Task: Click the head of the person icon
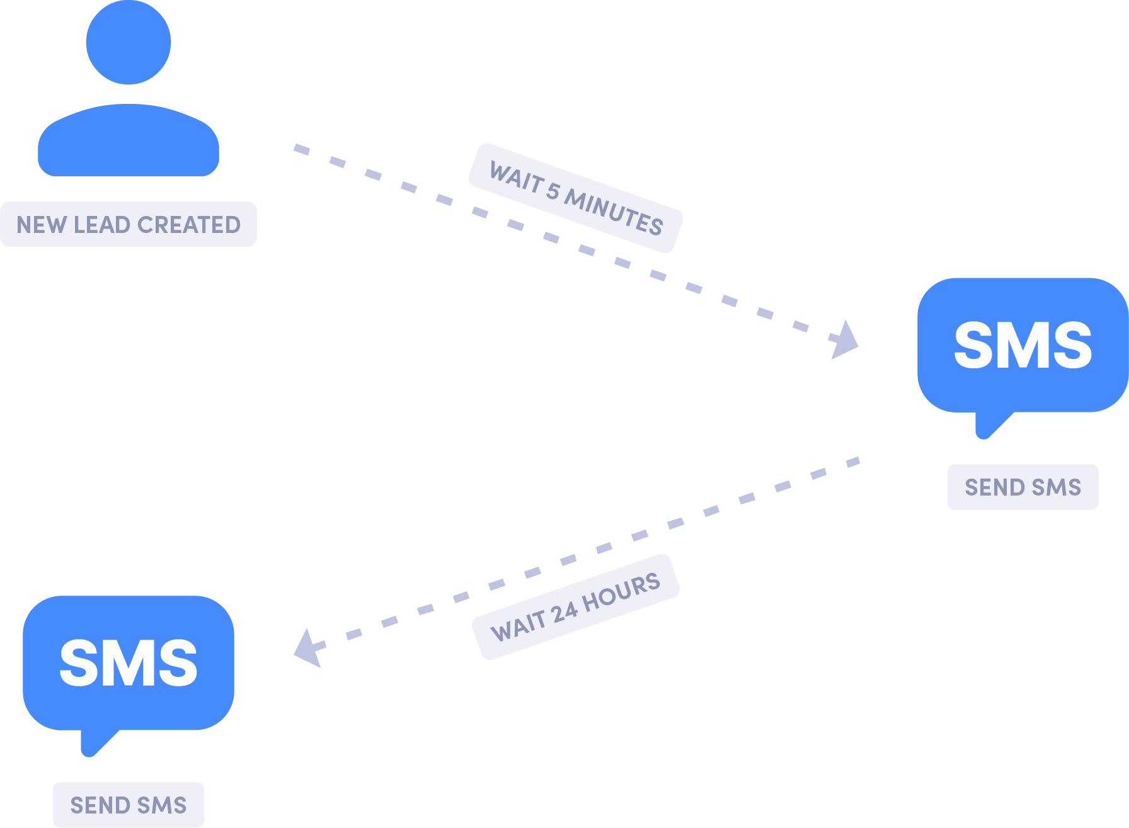(129, 43)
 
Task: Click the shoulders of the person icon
(129, 142)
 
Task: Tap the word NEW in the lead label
(42, 225)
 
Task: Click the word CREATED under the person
(189, 225)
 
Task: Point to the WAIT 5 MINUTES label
(575, 198)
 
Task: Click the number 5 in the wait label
(553, 191)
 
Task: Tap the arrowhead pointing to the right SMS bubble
(845, 341)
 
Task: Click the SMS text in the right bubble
(1023, 346)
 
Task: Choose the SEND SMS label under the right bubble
(1023, 487)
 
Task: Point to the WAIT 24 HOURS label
(575, 607)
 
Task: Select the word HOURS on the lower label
(621, 592)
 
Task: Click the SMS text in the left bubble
(129, 664)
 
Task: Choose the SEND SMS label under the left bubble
(129, 805)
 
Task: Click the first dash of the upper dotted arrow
(302, 149)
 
